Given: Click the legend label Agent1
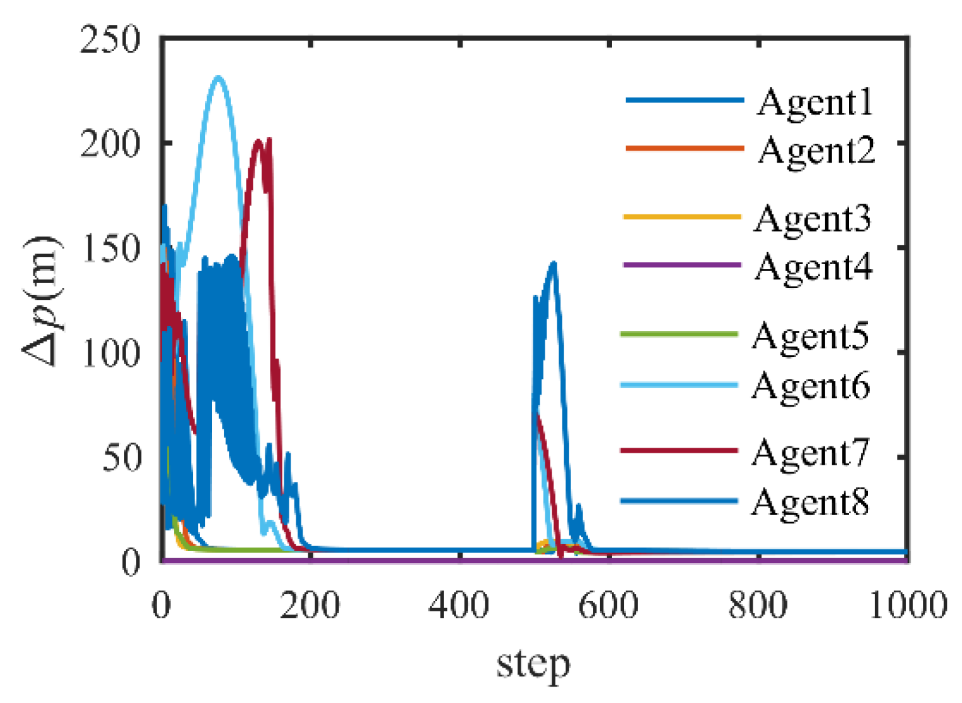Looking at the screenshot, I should [814, 102].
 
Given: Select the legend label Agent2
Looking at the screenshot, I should [816, 151].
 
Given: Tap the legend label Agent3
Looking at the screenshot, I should [813, 219].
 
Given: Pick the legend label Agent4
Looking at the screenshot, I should [814, 267].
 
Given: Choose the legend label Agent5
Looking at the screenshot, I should [811, 335].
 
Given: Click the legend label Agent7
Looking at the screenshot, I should [811, 453].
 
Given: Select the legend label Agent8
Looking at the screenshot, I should [811, 503].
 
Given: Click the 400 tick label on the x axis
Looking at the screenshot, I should [459, 605].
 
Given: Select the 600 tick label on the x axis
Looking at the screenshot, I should [608, 605].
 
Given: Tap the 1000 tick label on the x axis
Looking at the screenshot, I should [908, 605].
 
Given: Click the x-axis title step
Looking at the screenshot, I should [533, 664].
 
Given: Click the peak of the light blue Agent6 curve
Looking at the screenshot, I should [218, 78].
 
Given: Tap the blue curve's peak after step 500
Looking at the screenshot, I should [553, 263].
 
